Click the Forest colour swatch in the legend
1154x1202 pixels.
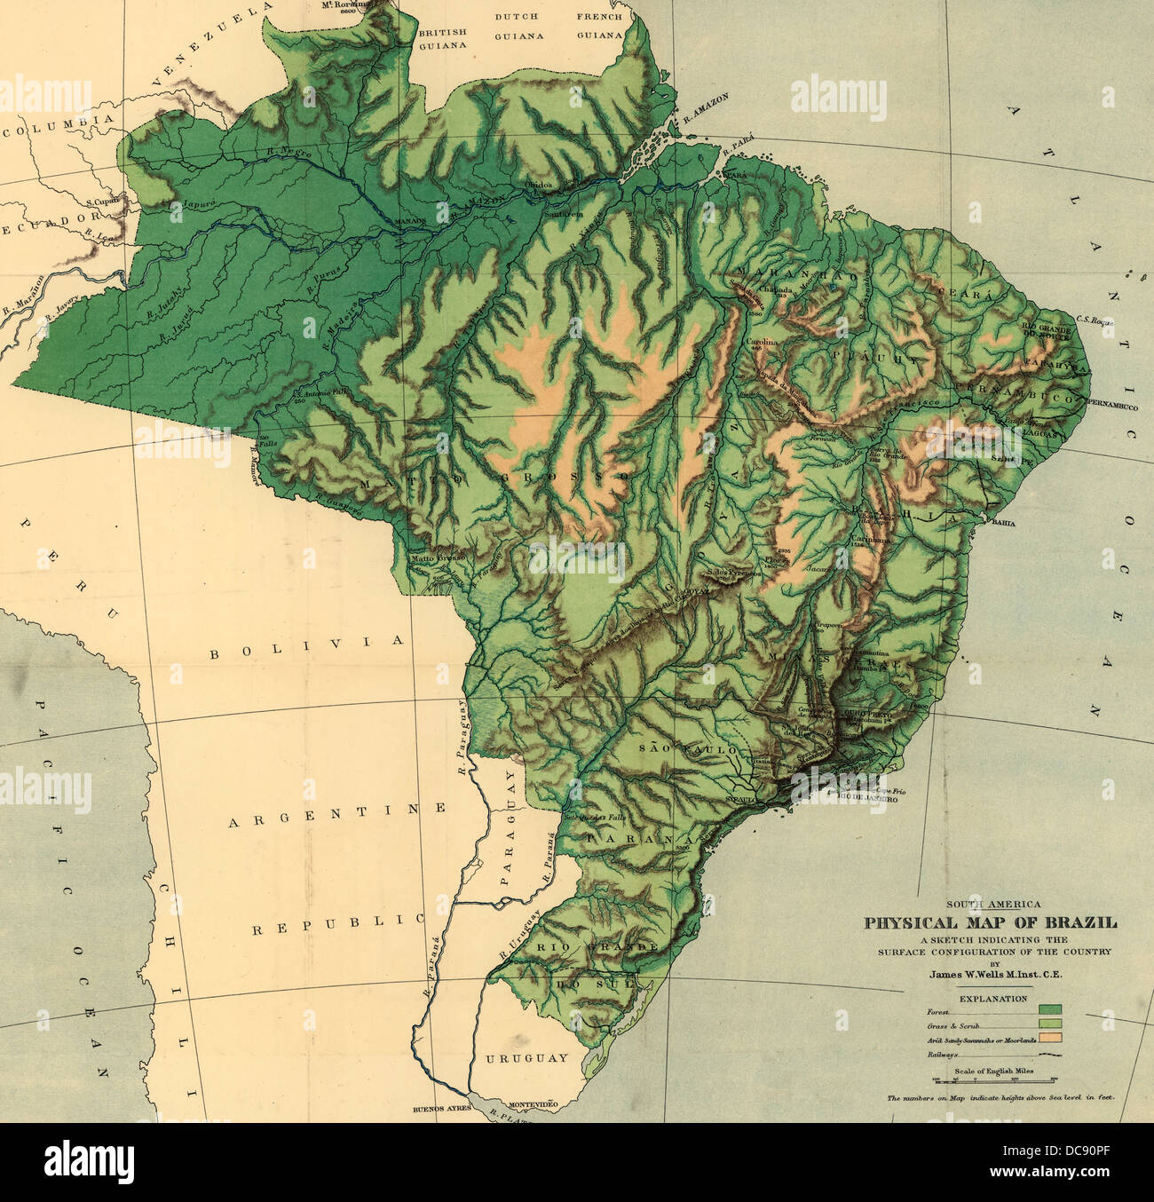[x=1050, y=1009]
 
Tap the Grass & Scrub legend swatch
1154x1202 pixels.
[x=1050, y=1024]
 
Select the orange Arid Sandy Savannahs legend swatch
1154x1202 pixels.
[x=1050, y=1037]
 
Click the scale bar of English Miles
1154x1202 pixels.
[x=993, y=1080]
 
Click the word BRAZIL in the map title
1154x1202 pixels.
[x=1087, y=922]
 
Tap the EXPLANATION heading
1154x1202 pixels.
[x=992, y=998]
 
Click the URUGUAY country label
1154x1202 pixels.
[x=526, y=1058]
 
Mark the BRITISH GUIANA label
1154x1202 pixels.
[x=442, y=27]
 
